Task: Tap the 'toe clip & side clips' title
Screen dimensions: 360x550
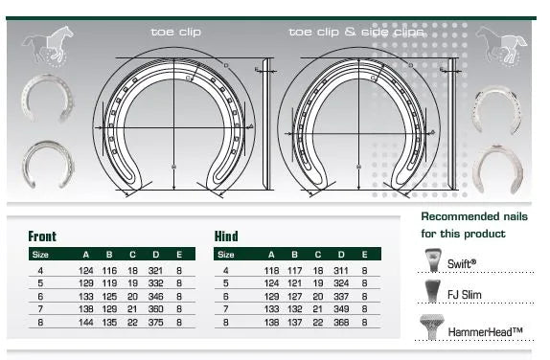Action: coord(355,32)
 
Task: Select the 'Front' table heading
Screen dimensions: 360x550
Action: coord(42,236)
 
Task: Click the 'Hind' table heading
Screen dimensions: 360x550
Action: coord(226,236)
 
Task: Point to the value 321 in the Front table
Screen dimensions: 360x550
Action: coord(155,271)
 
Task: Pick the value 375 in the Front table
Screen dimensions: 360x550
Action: coord(155,322)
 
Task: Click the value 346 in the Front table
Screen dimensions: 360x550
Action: coord(155,297)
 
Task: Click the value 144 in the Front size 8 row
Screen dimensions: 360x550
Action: coord(87,322)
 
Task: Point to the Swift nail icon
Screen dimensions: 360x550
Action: coord(432,260)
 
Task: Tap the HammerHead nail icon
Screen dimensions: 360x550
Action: coord(432,327)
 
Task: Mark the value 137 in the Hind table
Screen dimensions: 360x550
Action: coord(294,322)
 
